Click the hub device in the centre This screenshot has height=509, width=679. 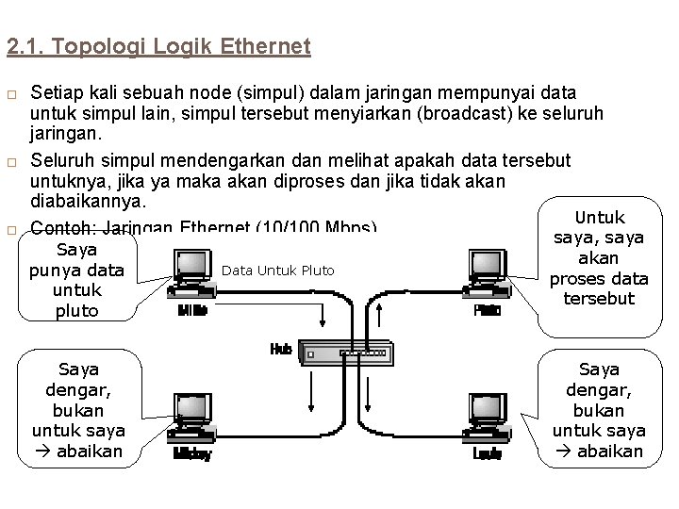pos(344,354)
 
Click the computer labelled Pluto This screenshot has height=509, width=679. pos(489,273)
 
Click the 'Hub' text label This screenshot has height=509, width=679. pos(281,349)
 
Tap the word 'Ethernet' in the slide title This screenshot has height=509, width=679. pos(265,45)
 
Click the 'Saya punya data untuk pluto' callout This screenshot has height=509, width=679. pos(77,280)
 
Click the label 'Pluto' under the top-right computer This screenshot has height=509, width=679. pos(488,310)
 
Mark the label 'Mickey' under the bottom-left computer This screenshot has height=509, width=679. pos(192,454)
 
